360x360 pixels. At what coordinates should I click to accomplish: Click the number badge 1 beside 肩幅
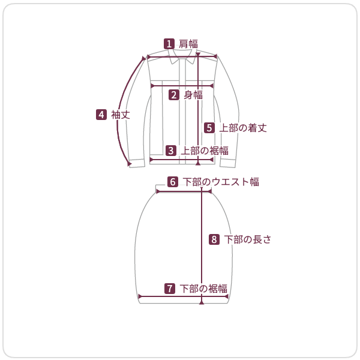point(170,43)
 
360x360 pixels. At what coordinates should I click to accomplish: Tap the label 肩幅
point(188,43)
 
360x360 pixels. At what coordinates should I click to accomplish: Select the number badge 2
point(174,94)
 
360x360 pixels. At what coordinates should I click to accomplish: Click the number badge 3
point(171,150)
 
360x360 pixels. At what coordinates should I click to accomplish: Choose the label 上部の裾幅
point(204,150)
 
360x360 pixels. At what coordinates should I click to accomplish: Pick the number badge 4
point(101,114)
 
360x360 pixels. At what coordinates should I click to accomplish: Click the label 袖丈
point(121,114)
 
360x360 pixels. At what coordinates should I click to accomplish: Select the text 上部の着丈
point(242,127)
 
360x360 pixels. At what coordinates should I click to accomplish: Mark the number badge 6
point(173,181)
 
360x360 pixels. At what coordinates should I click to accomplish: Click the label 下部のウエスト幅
point(221,181)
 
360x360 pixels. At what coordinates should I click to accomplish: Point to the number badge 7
point(170,289)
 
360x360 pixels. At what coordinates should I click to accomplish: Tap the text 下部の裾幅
point(203,289)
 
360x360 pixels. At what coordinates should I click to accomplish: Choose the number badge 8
point(214,239)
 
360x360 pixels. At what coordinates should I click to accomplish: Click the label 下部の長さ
point(248,239)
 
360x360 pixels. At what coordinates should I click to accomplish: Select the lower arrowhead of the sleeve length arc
point(129,163)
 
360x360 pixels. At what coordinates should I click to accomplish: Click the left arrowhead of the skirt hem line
point(140,296)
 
